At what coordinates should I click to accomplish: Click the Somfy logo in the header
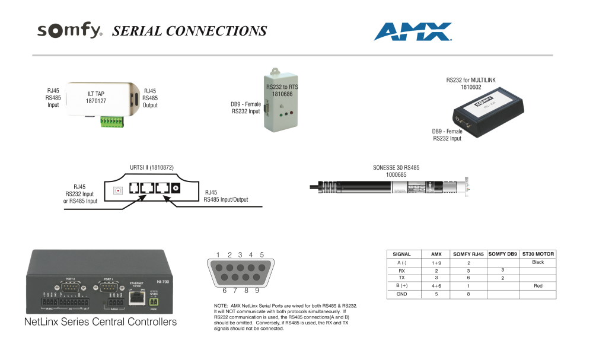(70, 31)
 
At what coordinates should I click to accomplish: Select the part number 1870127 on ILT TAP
(95, 101)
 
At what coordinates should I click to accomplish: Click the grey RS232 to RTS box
(280, 101)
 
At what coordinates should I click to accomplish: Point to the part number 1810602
(471, 87)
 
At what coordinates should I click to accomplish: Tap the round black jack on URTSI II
(176, 189)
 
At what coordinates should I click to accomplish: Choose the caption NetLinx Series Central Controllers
(100, 323)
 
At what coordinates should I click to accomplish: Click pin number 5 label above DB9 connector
(262, 254)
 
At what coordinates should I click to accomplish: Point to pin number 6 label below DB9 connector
(225, 291)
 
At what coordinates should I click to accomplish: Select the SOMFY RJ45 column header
(468, 254)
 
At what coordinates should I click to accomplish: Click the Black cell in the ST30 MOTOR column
(538, 262)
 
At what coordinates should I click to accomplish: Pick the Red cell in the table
(538, 286)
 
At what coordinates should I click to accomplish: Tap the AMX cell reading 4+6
(436, 286)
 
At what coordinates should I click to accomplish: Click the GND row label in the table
(402, 294)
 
